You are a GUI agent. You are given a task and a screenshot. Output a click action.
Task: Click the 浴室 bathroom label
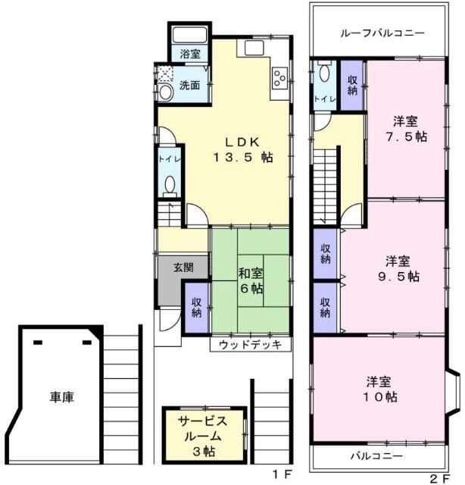click(x=190, y=54)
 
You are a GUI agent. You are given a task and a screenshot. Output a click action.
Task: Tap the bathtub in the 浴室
click(x=190, y=35)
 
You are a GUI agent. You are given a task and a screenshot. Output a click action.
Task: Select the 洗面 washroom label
click(x=189, y=85)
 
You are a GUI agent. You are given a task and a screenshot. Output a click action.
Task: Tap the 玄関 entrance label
click(x=183, y=268)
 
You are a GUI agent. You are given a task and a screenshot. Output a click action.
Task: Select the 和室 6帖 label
click(x=251, y=280)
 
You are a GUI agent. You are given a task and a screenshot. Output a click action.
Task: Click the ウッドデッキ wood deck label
click(x=251, y=345)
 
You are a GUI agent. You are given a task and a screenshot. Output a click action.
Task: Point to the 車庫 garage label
click(x=62, y=396)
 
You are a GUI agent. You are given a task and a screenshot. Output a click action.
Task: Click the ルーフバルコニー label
click(x=382, y=33)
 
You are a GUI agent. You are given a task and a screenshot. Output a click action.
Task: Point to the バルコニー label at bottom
click(x=376, y=456)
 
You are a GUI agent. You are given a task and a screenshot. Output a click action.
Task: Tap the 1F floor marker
click(x=281, y=475)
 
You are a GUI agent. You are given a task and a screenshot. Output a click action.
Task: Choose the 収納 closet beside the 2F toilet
click(x=351, y=85)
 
